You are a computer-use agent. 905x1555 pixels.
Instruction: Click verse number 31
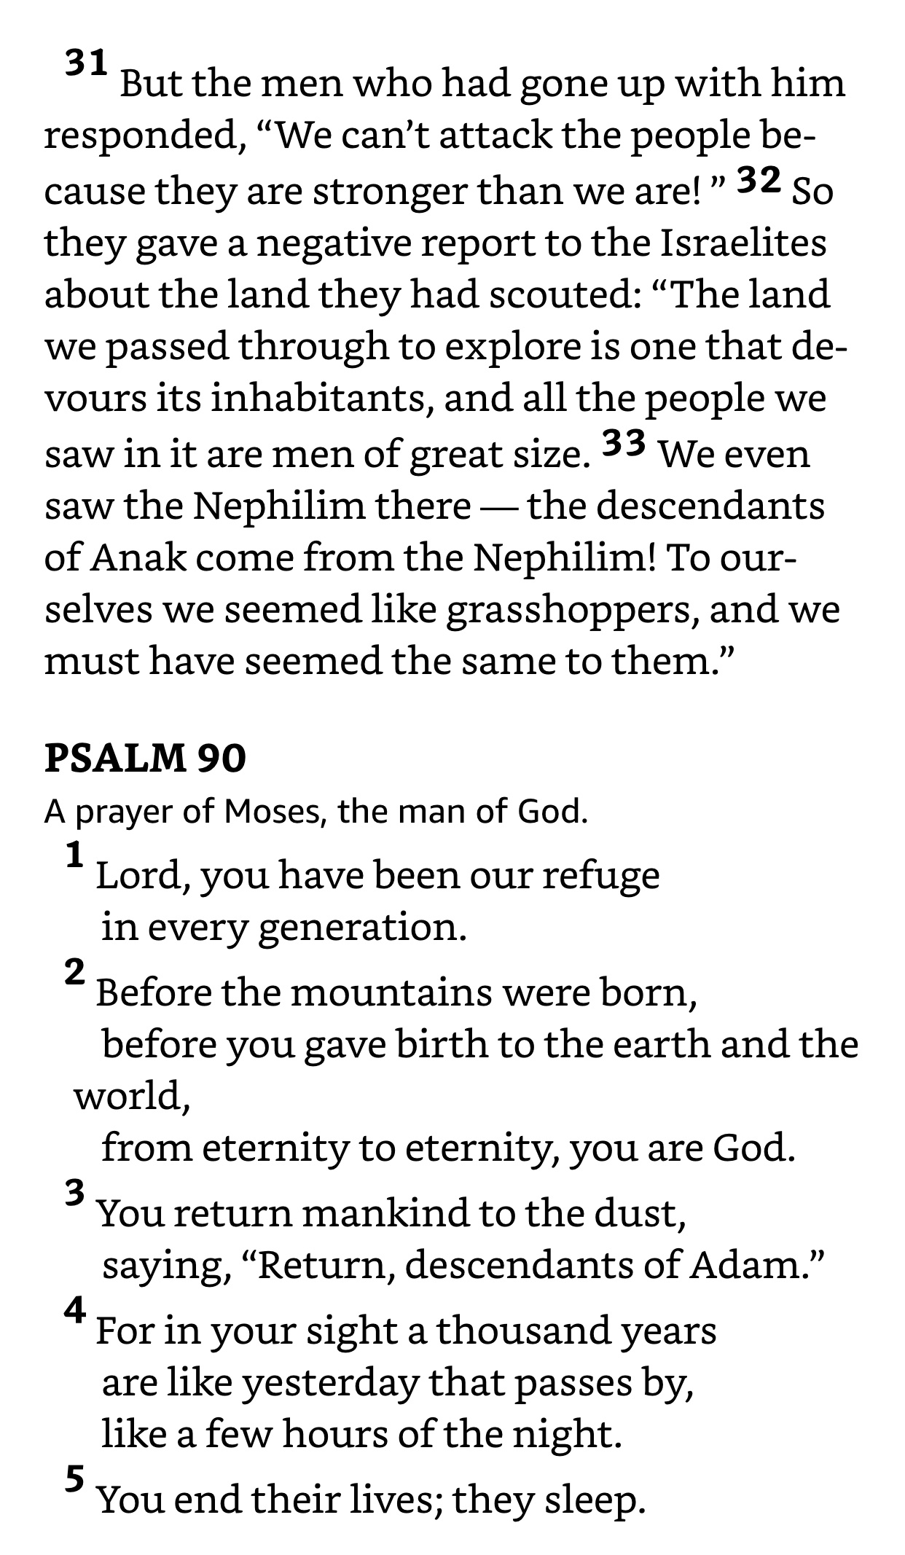(87, 63)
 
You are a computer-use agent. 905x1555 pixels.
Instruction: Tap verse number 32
(759, 180)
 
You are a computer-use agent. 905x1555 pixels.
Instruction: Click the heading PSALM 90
(145, 758)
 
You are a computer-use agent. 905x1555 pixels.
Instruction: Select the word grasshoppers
(568, 610)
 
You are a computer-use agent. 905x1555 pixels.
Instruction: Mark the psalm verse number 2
(75, 973)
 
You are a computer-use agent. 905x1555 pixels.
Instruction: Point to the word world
(132, 1095)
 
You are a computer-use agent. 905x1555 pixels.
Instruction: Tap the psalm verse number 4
(75, 1310)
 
